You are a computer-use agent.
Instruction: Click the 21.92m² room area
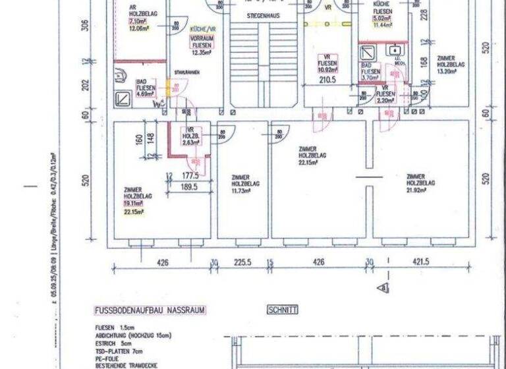click(x=420, y=190)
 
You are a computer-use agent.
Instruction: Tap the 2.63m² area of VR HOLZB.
click(x=192, y=142)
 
